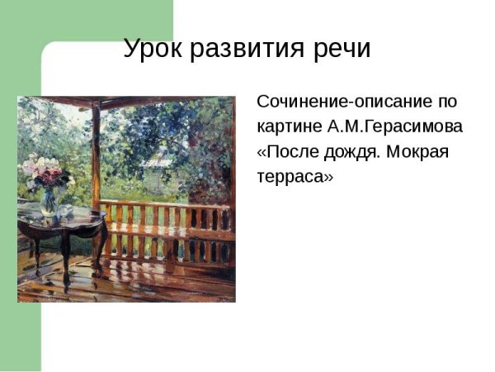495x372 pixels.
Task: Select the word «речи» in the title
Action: pyautogui.click(x=339, y=49)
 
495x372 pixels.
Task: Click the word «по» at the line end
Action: pyautogui.click(x=447, y=102)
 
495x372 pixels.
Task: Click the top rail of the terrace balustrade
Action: pyautogui.click(x=165, y=203)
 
